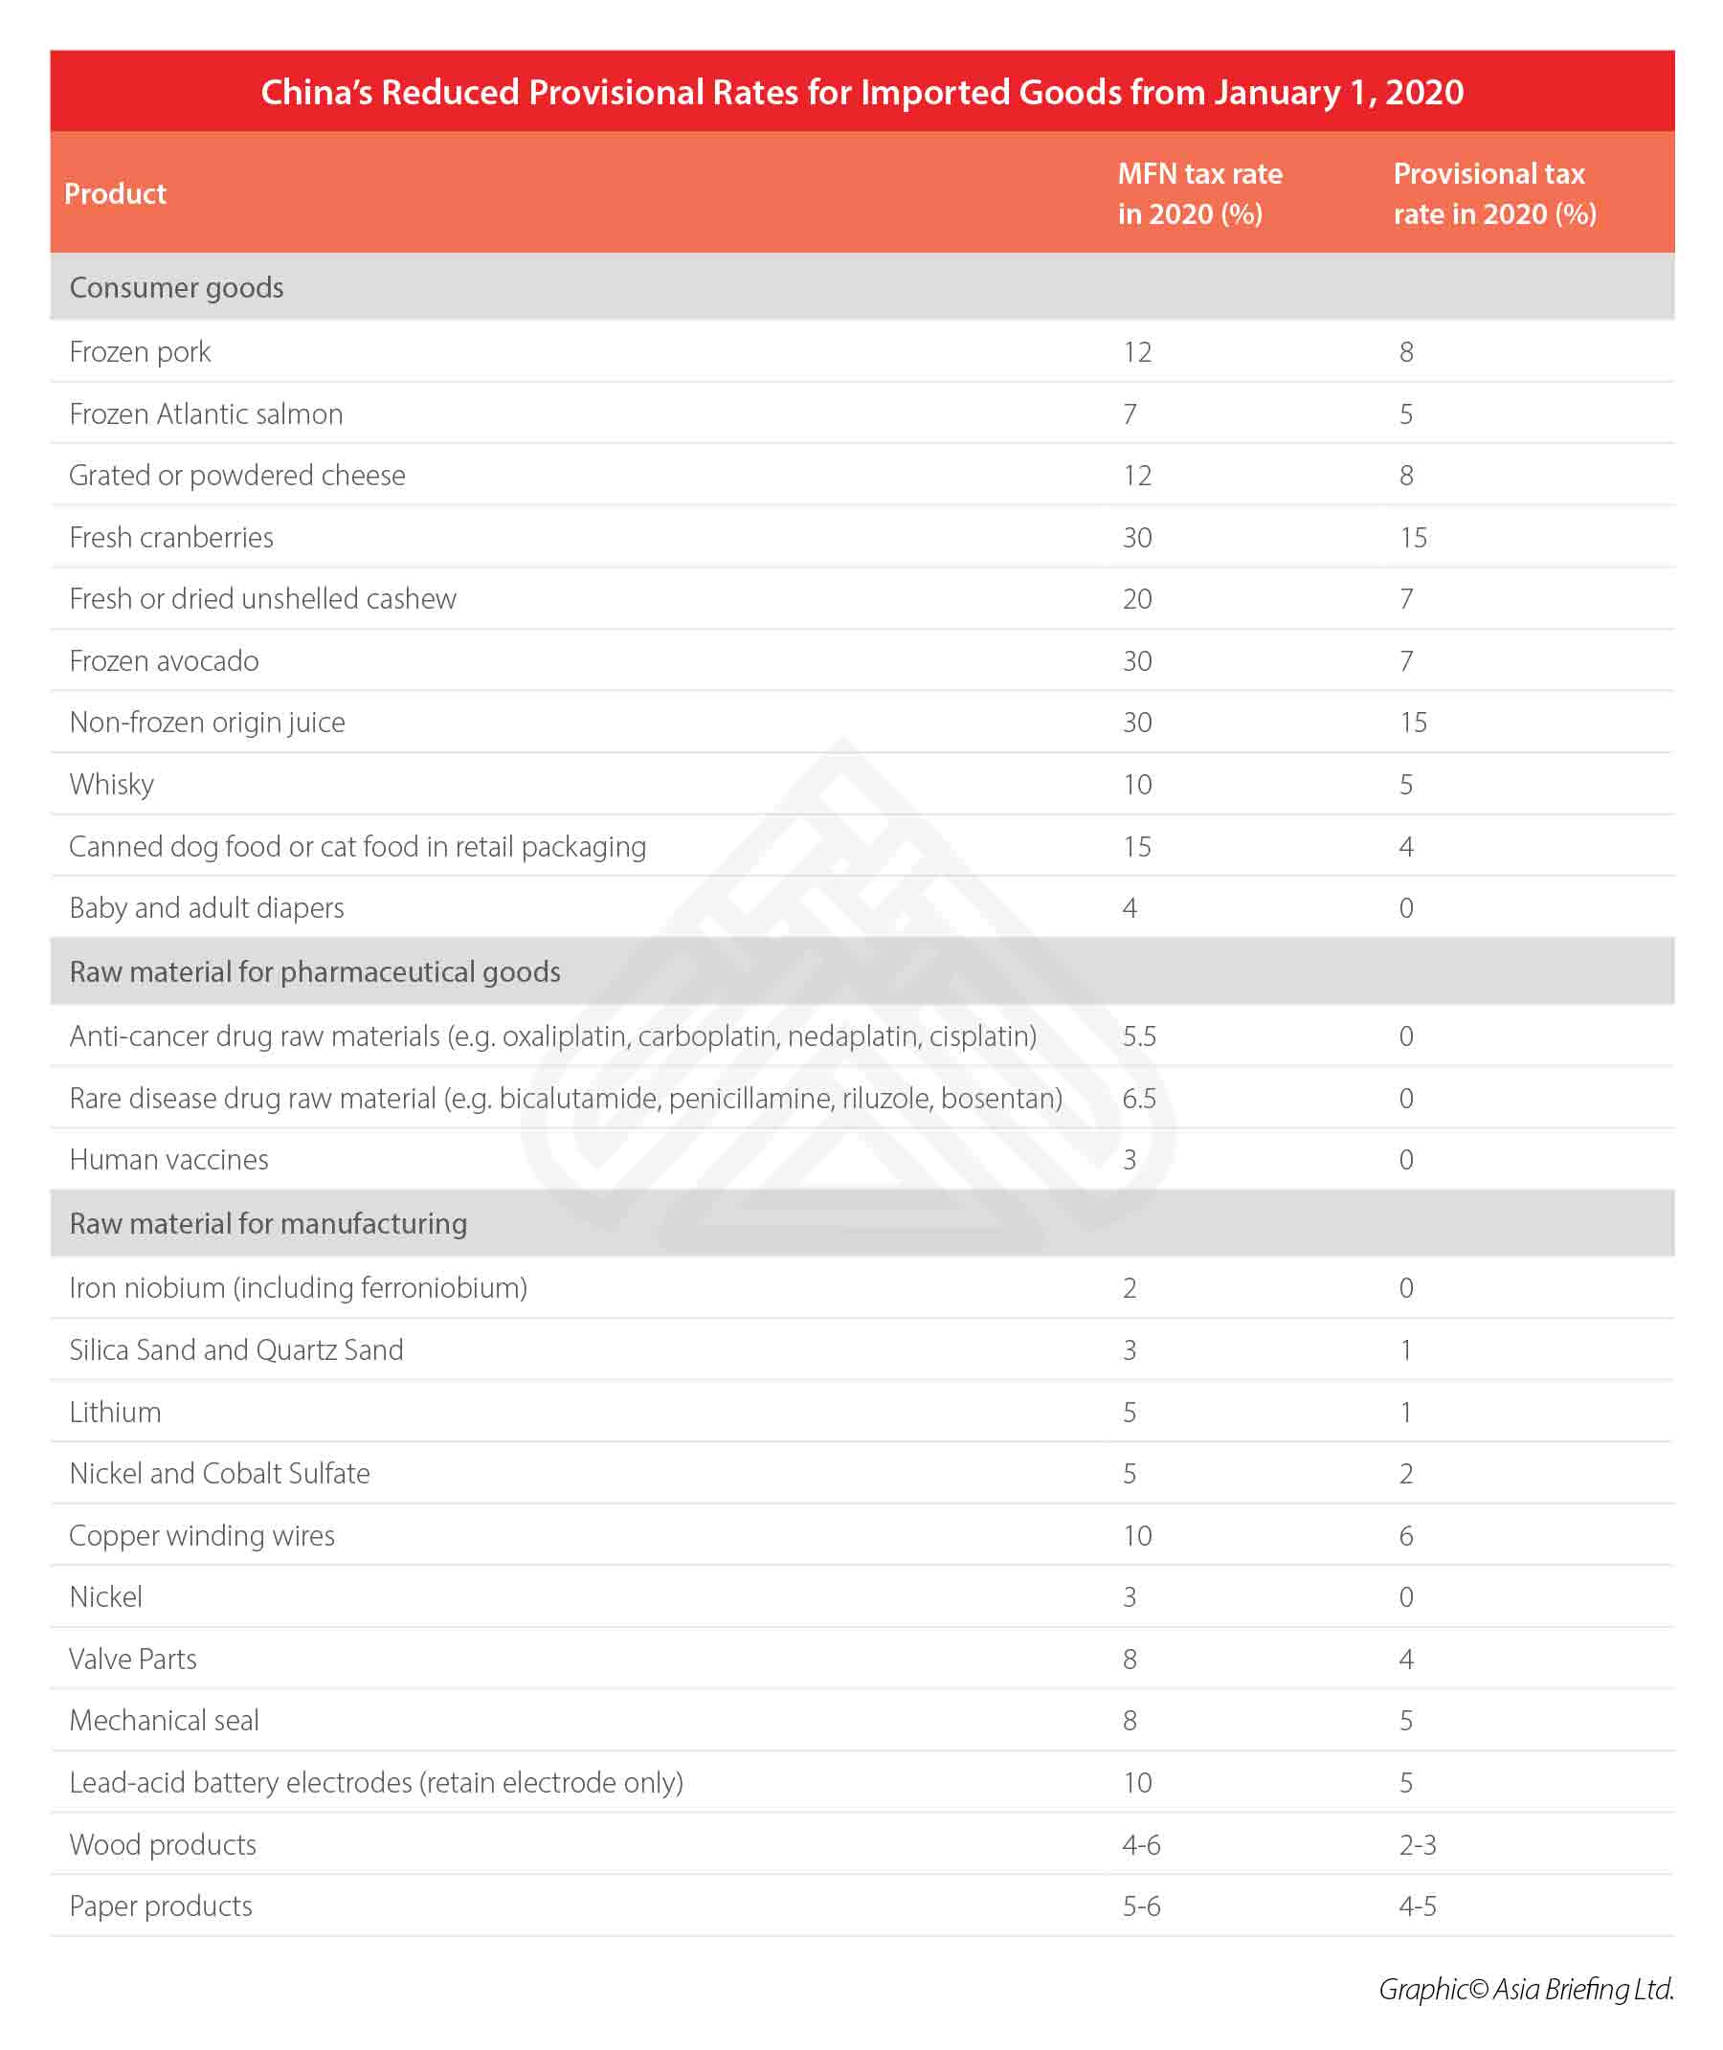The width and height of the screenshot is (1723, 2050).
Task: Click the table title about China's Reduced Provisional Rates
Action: tap(861, 92)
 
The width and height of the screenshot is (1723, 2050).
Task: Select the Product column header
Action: tap(115, 193)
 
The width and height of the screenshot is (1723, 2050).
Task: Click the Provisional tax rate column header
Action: tap(1493, 193)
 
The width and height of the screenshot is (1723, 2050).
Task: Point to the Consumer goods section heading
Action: tap(176, 287)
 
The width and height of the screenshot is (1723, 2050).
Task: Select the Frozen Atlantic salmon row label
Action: tap(205, 414)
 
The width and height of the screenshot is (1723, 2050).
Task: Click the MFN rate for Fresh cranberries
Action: tap(1137, 537)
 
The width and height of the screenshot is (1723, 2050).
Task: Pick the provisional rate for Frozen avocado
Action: tap(1405, 661)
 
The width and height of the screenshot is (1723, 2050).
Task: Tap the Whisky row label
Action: tap(111, 784)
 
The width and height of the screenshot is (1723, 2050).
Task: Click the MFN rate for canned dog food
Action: tap(1137, 846)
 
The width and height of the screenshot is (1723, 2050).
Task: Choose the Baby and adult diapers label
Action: tap(206, 907)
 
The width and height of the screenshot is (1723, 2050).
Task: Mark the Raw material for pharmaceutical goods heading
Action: tap(315, 971)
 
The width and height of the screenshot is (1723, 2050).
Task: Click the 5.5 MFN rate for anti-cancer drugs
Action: tap(1139, 1036)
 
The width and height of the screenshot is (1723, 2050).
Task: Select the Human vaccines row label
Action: tap(168, 1159)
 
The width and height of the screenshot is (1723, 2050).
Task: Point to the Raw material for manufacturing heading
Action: tap(268, 1223)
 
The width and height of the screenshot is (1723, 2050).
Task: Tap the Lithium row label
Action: tap(114, 1412)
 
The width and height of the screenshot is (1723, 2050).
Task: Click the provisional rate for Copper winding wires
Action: tap(1405, 1535)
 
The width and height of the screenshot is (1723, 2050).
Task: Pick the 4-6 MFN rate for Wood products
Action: tap(1141, 1844)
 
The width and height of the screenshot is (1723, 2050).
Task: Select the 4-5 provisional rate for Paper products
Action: tap(1418, 1905)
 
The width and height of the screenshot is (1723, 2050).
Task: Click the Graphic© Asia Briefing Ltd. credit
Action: tap(1526, 1989)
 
